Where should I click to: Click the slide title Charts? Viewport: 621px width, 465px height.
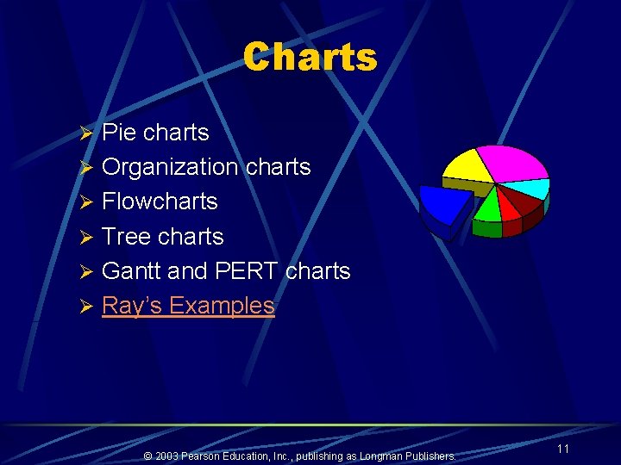[x=310, y=58]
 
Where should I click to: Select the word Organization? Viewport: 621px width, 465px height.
[x=170, y=167]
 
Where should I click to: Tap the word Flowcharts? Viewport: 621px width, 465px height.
[x=160, y=201]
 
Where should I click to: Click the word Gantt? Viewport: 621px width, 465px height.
[x=131, y=270]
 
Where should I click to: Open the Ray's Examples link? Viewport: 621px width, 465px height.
[x=188, y=305]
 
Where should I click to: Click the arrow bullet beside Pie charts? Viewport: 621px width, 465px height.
[x=85, y=133]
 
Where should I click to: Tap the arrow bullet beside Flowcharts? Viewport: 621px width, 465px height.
[x=85, y=202]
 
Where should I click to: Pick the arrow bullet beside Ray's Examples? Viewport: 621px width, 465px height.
[x=85, y=306]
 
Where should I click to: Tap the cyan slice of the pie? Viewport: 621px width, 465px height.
[x=528, y=189]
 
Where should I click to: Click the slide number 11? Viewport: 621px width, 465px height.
[x=562, y=449]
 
